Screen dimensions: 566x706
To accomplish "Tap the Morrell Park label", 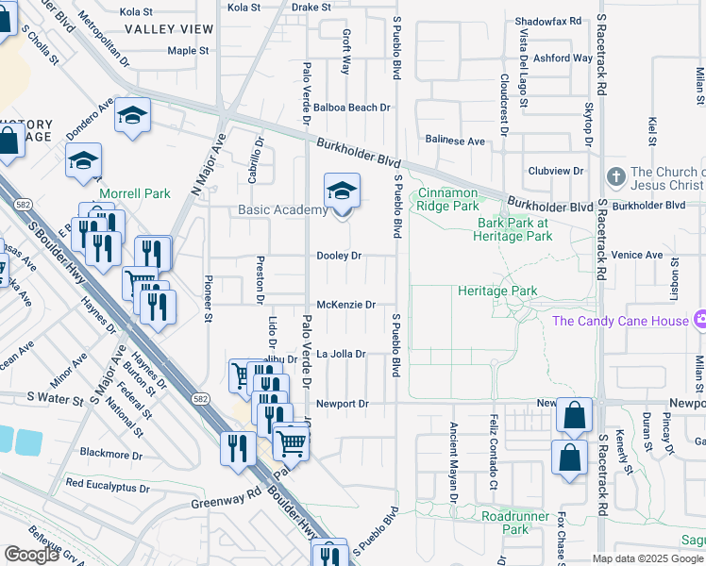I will (x=136, y=193).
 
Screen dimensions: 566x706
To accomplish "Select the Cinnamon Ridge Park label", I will (x=448, y=199).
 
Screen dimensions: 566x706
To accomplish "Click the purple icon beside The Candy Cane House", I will (x=699, y=321).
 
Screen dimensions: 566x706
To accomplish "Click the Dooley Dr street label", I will (x=339, y=256).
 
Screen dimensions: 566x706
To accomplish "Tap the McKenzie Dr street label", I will (x=346, y=305).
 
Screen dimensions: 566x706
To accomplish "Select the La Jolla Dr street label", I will (x=340, y=354).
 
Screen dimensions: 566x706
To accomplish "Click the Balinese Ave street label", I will (x=454, y=141).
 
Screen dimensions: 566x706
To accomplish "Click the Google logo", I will (x=32, y=555).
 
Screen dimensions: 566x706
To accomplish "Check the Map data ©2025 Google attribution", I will (x=648, y=558).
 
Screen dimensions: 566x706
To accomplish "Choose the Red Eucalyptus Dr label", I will (x=108, y=488).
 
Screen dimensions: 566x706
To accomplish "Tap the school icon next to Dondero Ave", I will (x=132, y=116).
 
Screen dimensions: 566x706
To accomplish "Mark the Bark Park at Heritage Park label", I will (x=514, y=229).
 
